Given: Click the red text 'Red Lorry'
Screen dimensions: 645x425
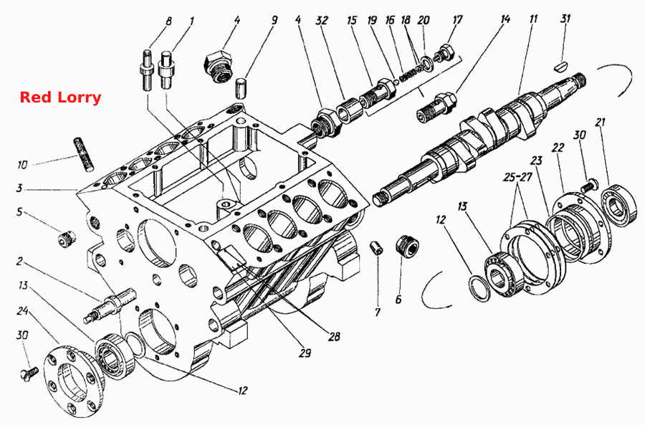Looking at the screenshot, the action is coord(60,97).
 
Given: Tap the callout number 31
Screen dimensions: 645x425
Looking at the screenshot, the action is coord(565,19).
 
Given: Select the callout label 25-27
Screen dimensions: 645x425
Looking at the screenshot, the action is coord(517,177).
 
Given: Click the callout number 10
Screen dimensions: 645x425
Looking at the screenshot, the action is coord(22,165).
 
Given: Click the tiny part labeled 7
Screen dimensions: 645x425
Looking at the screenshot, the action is coord(376,248).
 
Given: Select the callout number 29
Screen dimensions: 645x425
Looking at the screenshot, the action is coord(305,353).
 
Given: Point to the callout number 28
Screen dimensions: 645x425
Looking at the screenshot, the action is coord(334,337).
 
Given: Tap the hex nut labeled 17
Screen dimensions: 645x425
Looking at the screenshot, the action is coord(446,53).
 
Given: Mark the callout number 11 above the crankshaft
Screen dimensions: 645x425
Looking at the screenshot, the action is coord(533,19).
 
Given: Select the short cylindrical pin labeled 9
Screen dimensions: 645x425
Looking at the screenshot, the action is coord(241,87).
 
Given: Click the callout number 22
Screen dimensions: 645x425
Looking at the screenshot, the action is coord(558,148).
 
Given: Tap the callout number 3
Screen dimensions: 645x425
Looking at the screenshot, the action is coord(19,188).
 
